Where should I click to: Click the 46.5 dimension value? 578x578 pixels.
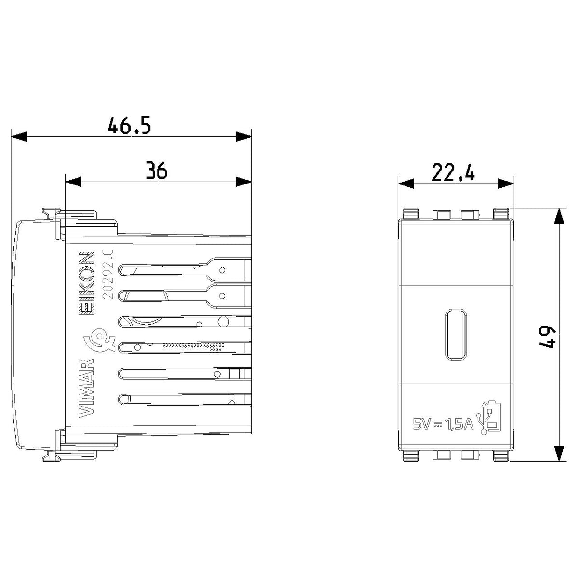pyautogui.click(x=129, y=125)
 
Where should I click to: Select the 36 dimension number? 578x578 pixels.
pyautogui.click(x=157, y=170)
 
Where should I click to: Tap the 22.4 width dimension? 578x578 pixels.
pyautogui.click(x=453, y=172)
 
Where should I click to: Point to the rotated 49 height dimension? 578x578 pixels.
pyautogui.click(x=548, y=338)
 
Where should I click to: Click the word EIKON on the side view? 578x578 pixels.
pyautogui.click(x=87, y=283)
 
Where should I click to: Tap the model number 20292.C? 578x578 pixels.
pyautogui.click(x=108, y=274)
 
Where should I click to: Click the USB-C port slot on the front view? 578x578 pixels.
pyautogui.click(x=456, y=335)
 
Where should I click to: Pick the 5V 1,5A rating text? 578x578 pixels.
pyautogui.click(x=443, y=424)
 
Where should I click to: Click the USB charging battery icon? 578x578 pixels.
pyautogui.click(x=490, y=417)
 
